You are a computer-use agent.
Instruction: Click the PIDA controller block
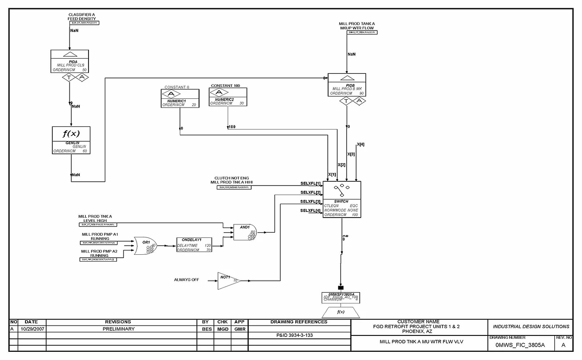click(70, 61)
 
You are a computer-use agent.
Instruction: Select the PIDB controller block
click(347, 85)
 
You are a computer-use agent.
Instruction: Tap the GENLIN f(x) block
click(71, 140)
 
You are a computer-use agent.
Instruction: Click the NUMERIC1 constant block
click(180, 98)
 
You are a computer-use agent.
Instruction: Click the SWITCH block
click(342, 199)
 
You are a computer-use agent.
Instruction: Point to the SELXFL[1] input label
click(310, 183)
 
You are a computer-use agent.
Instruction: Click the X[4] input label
click(361, 144)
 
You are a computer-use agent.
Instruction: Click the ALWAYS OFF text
click(187, 280)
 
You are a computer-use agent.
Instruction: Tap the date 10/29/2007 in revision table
click(32, 329)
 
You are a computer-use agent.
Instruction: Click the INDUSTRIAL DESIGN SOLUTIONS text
click(531, 326)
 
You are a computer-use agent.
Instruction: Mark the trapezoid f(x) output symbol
click(341, 312)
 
